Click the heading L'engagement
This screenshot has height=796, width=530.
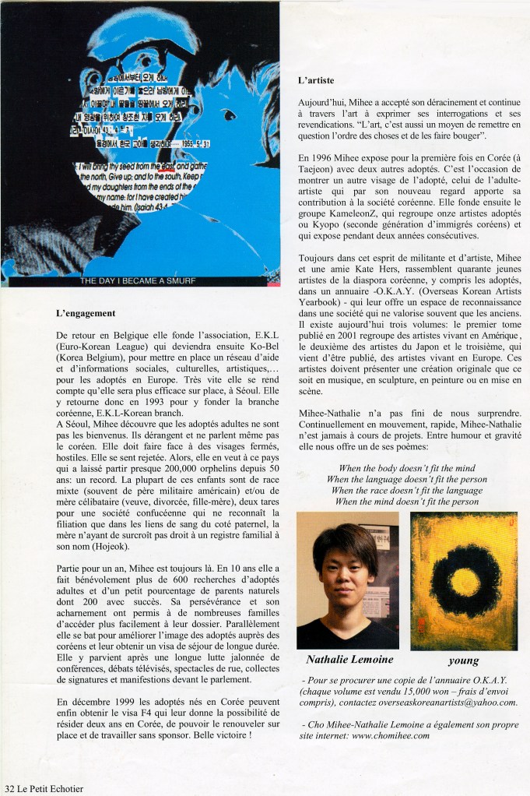tap(86, 313)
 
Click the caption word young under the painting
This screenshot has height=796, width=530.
tap(464, 660)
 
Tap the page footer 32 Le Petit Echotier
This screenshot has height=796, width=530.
tap(43, 787)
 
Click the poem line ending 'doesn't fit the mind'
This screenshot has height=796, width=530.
tap(407, 468)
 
